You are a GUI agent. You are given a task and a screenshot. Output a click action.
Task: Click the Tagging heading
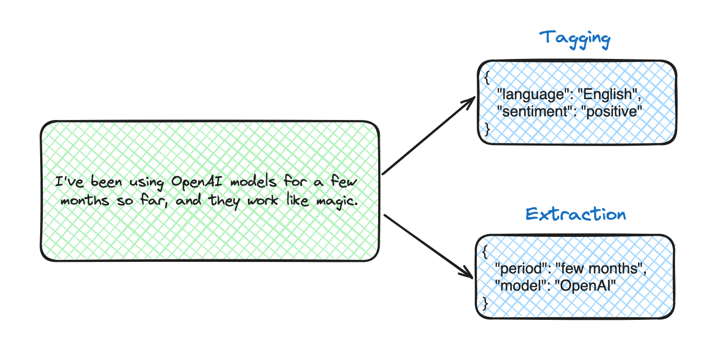pyautogui.click(x=575, y=39)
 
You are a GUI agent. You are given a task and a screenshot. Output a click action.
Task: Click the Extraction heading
pyautogui.click(x=575, y=214)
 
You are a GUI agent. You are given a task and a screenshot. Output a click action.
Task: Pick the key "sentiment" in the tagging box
pyautogui.click(x=535, y=111)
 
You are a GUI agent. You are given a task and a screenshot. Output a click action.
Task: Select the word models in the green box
pyautogui.click(x=254, y=182)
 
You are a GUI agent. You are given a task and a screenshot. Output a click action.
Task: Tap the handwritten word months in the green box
pyautogui.click(x=85, y=200)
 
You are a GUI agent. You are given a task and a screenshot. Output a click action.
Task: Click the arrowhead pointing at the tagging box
pyautogui.click(x=469, y=102)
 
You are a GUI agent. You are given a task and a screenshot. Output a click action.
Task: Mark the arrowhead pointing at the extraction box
pyautogui.click(x=467, y=272)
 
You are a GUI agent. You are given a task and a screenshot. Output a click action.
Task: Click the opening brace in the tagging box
pyautogui.click(x=487, y=78)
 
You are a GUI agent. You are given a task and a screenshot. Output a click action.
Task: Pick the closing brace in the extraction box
pyautogui.click(x=485, y=303)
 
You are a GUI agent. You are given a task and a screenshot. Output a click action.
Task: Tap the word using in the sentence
pyautogui.click(x=147, y=183)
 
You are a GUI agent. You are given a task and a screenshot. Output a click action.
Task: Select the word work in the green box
pyautogui.click(x=262, y=200)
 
